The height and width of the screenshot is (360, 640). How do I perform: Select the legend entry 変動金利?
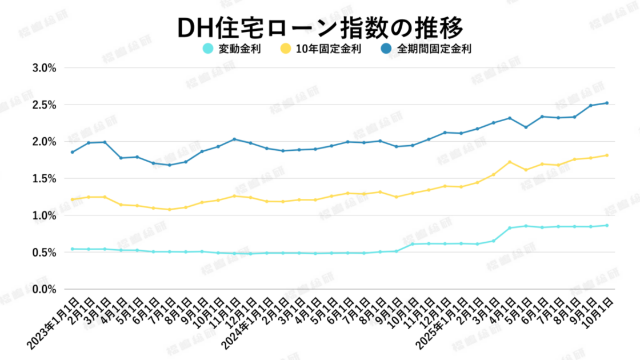click(x=240, y=49)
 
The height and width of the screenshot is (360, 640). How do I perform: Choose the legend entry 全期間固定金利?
click(x=435, y=49)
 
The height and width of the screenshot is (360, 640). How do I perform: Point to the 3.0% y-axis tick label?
click(x=44, y=68)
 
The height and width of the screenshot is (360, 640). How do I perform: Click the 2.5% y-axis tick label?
click(x=44, y=105)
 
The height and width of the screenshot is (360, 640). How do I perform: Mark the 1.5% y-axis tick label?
click(x=44, y=179)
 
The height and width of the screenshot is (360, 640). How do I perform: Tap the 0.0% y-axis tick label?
click(x=44, y=290)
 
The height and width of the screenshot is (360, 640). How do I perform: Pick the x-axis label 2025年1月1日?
click(x=441, y=323)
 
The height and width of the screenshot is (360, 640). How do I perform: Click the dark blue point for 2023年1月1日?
click(x=72, y=152)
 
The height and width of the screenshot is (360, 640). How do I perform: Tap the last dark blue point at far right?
click(x=607, y=103)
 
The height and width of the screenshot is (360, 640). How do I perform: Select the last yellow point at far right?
click(x=607, y=155)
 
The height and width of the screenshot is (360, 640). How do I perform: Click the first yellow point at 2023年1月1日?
click(x=72, y=199)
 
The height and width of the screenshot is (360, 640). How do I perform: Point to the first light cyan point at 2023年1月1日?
click(x=72, y=249)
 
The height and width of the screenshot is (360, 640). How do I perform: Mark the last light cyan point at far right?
click(x=607, y=225)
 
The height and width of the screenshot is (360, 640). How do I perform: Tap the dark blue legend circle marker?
click(x=386, y=49)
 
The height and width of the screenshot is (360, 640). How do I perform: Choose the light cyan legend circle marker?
click(x=209, y=49)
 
